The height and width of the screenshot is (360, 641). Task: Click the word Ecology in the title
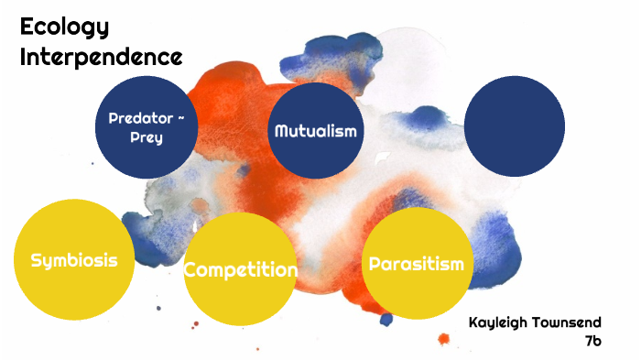click(64, 27)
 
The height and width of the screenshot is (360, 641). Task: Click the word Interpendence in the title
click(101, 56)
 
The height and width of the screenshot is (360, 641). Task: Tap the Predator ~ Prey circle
click(147, 126)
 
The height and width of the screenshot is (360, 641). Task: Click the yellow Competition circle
click(240, 268)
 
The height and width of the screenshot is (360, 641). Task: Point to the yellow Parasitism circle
click(418, 264)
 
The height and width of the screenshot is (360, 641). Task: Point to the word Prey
click(147, 137)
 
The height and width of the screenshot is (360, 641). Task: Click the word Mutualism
click(315, 131)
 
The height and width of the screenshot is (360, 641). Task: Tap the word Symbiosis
click(73, 260)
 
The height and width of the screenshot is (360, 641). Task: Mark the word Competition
click(240, 270)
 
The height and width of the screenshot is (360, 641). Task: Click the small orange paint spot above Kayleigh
click(444, 339)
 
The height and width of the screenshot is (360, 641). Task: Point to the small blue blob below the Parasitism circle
click(386, 319)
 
